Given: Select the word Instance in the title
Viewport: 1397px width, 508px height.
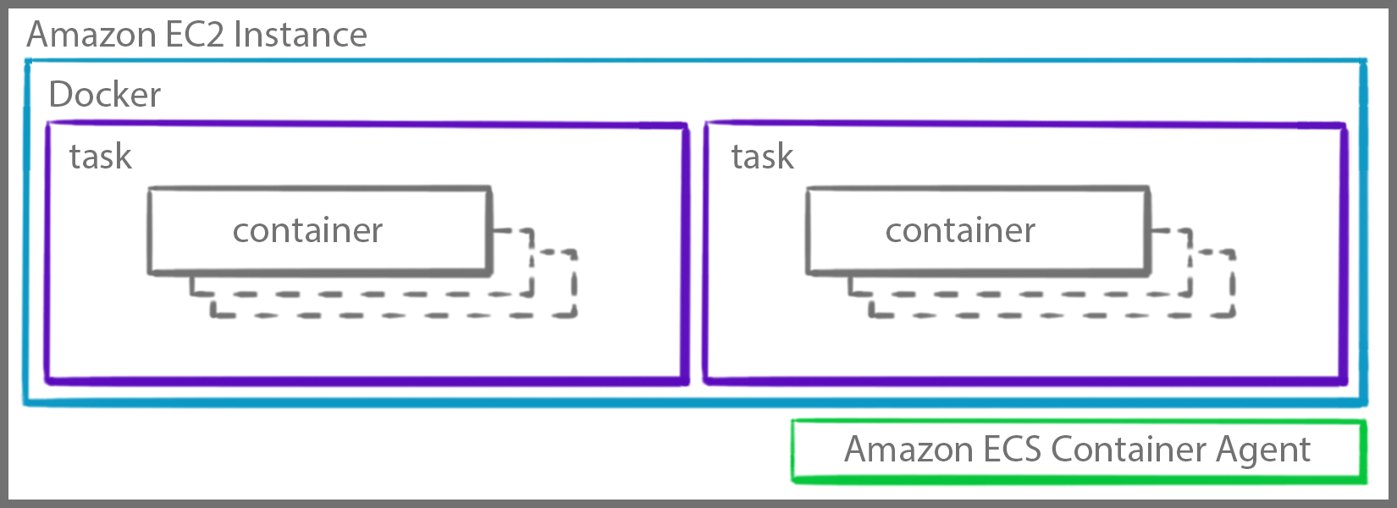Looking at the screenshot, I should coord(301,35).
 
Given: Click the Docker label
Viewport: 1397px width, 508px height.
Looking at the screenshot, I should coord(105,94).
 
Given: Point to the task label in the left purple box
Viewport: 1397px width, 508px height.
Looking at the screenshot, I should coord(101,157).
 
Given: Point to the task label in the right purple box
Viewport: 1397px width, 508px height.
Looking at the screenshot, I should coord(762,157).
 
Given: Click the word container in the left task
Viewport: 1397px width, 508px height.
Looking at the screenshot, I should coord(307,230).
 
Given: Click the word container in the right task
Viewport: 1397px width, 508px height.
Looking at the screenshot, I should coord(960,230).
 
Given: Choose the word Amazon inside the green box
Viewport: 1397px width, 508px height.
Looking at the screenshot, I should coord(908,450).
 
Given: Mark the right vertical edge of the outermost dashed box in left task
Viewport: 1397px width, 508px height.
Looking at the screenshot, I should coord(575,284).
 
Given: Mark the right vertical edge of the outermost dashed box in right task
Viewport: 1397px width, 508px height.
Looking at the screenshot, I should coord(1233,284).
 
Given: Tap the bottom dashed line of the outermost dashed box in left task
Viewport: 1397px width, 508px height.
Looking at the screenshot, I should coord(394,316).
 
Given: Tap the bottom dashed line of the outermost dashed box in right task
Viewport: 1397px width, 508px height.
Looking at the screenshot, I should coord(1052,316).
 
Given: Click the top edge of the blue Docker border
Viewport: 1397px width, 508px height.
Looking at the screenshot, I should coord(694,61).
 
